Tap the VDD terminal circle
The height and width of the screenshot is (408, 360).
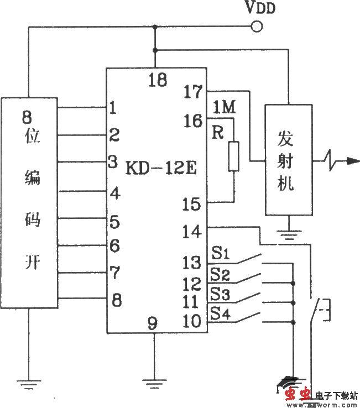pos(255,26)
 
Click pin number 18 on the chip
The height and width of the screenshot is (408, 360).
pos(157,81)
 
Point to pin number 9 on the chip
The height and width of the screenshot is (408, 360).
pos(153,323)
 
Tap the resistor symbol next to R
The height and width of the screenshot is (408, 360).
pos(233,156)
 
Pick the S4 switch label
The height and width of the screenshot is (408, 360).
pos(220,313)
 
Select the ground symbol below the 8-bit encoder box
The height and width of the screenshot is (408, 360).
pos(28,381)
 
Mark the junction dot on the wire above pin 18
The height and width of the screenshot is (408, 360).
pos(155,50)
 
